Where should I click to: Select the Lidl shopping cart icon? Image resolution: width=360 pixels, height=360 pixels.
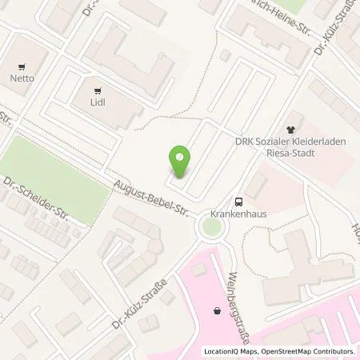point(98,91)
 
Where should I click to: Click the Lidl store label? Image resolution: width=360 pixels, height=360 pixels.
point(98,103)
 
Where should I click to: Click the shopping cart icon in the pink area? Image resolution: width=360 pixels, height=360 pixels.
point(216,310)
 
